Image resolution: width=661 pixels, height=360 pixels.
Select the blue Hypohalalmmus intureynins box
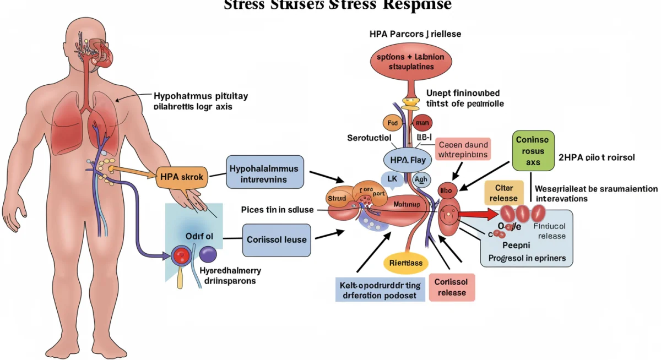(x=264, y=172)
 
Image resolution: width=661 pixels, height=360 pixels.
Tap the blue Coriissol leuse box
(x=277, y=240)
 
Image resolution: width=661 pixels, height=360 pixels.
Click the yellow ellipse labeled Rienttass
(x=405, y=263)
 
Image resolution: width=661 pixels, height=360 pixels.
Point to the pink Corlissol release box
(x=452, y=287)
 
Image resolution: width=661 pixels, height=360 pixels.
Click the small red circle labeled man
(x=422, y=123)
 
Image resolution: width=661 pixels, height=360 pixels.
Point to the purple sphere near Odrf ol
(x=207, y=254)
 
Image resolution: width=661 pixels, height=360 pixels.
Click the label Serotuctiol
(x=369, y=138)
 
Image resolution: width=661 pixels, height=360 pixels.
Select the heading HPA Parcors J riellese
(x=415, y=34)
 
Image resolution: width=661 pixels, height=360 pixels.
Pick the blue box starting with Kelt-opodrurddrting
(x=380, y=290)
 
